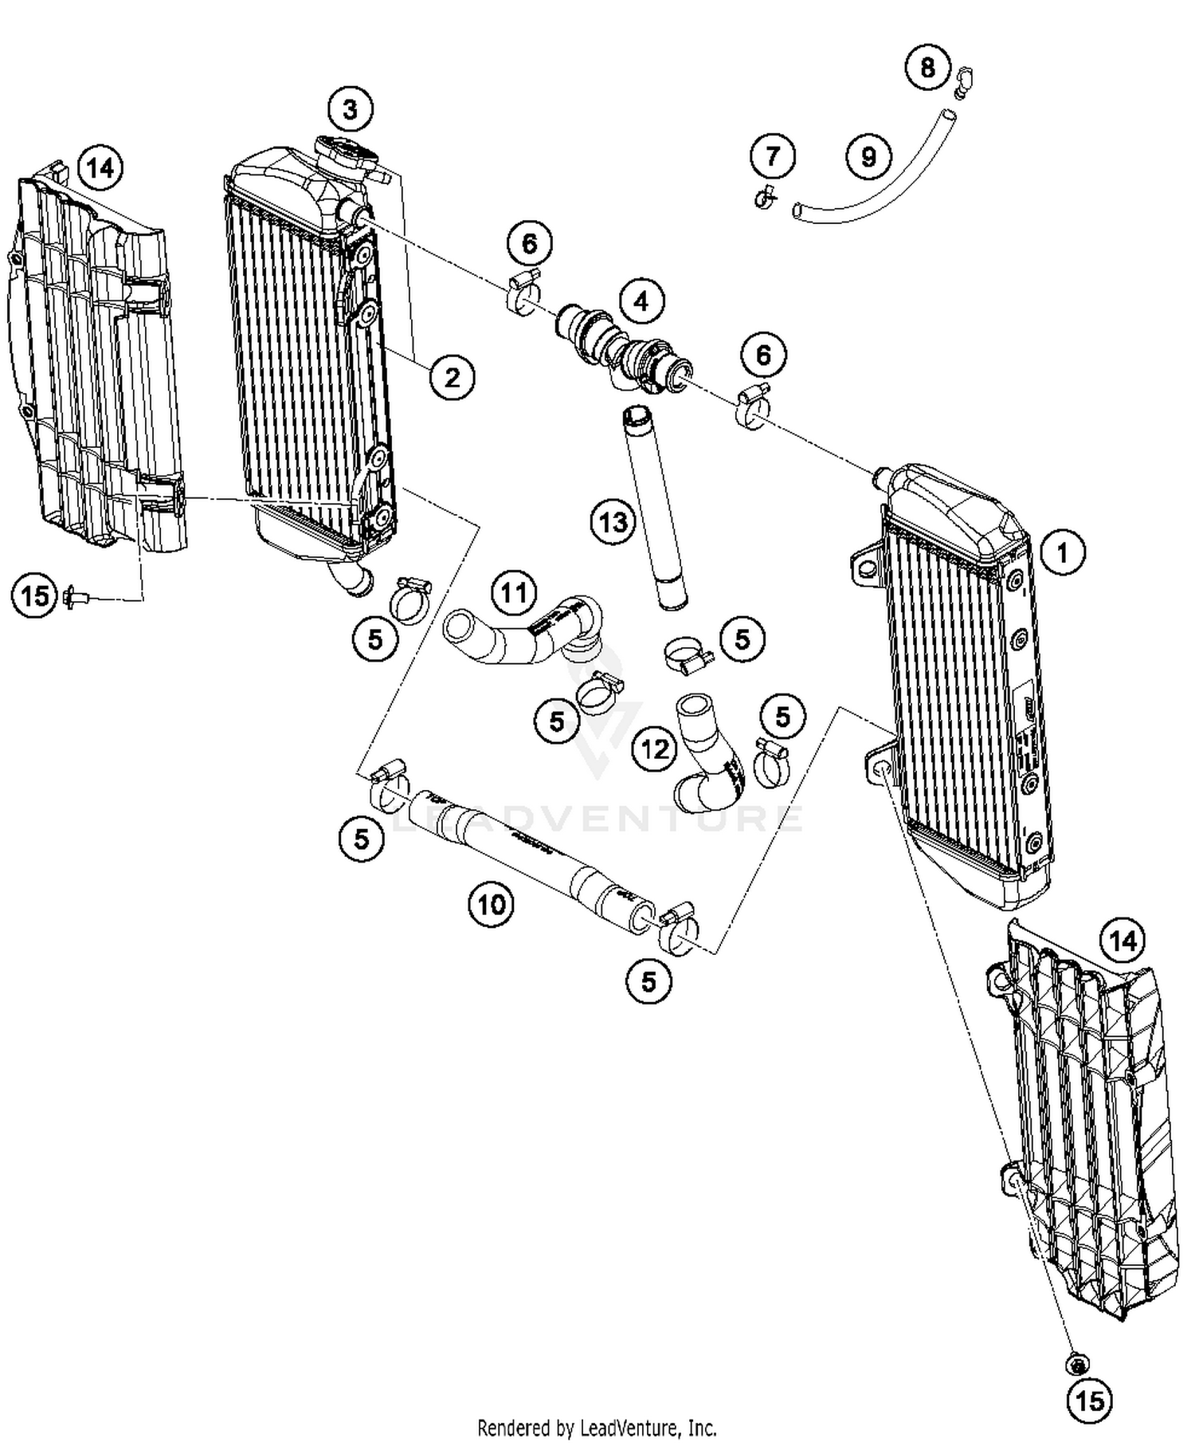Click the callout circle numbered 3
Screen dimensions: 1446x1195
point(351,109)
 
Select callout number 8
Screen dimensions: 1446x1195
point(927,67)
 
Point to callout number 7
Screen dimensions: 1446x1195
point(773,155)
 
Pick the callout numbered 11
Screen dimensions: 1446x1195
point(514,593)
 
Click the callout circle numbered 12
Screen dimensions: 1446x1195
point(655,749)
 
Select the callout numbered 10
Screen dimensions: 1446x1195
point(492,904)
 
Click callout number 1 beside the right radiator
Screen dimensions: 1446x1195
point(1062,552)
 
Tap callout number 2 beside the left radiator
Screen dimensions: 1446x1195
point(452,376)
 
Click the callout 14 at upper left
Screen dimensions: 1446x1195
point(100,169)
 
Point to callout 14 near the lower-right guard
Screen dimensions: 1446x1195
point(1122,941)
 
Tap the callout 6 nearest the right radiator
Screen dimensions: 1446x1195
point(762,356)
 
